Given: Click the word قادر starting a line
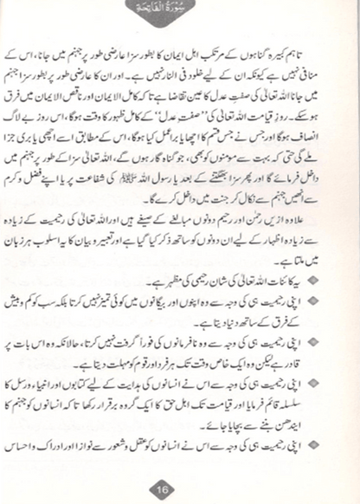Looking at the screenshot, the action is click(x=320, y=361).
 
